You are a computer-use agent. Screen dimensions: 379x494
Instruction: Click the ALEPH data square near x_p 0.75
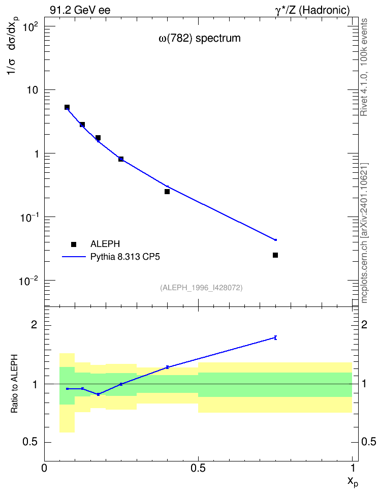click(275, 255)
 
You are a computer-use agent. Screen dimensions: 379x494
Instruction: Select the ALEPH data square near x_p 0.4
click(167, 192)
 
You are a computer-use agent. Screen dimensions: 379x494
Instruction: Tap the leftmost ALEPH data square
click(67, 107)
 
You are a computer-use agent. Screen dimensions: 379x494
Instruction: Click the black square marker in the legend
click(74, 244)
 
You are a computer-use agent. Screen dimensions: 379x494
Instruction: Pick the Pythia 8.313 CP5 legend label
click(125, 257)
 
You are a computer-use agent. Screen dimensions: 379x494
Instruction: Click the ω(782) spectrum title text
click(200, 38)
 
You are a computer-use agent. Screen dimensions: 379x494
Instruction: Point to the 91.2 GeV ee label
click(80, 10)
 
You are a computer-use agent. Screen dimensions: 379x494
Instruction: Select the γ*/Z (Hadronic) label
click(312, 10)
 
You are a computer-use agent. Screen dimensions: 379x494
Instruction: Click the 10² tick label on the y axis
click(30, 27)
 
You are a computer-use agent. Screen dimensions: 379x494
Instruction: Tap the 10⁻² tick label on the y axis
click(28, 281)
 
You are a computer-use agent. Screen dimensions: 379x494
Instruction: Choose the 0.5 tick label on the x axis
click(198, 468)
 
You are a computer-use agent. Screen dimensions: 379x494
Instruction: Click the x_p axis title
click(353, 481)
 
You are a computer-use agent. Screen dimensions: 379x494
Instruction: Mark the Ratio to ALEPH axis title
click(15, 384)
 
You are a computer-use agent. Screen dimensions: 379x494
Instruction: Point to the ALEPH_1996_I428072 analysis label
click(201, 288)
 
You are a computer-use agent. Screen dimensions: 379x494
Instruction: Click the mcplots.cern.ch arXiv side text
click(364, 233)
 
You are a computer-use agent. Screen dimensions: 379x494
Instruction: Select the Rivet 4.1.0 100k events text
click(364, 67)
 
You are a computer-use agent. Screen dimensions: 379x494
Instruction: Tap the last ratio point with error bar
click(276, 338)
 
